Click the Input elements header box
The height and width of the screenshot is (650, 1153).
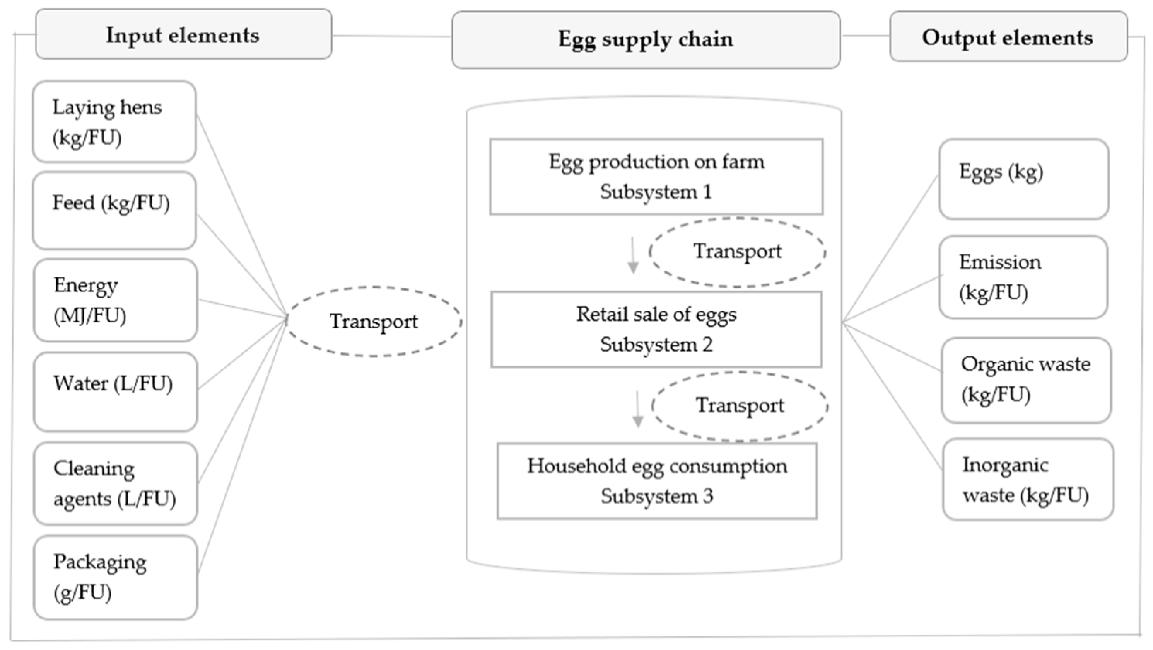pyautogui.click(x=183, y=34)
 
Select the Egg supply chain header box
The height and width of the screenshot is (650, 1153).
pyautogui.click(x=646, y=39)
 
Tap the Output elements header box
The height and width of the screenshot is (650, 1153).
pyautogui.click(x=1008, y=37)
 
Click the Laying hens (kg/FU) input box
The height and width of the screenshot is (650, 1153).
pyautogui.click(x=114, y=122)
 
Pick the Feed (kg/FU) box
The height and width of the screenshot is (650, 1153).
pyautogui.click(x=114, y=210)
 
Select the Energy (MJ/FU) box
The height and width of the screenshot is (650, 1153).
pyautogui.click(x=116, y=300)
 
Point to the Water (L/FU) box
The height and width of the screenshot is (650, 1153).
pyautogui.click(x=116, y=391)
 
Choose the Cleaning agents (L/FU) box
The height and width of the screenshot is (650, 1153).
pyautogui.click(x=116, y=483)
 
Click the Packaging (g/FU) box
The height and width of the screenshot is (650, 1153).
pyautogui.click(x=116, y=577)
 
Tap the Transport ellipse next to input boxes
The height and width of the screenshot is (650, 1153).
pyautogui.click(x=374, y=321)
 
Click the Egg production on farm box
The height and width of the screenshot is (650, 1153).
pyautogui.click(x=656, y=177)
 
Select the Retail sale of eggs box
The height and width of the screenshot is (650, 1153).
pyautogui.click(x=656, y=329)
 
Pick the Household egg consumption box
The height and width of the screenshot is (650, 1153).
pyautogui.click(x=657, y=481)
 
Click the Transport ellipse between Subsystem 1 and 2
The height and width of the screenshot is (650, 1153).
pyautogui.click(x=737, y=252)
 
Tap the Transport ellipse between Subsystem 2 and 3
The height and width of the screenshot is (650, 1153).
pyautogui.click(x=740, y=406)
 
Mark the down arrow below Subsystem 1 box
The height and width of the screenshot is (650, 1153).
pyautogui.click(x=632, y=255)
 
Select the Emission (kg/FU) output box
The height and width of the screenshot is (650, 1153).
pyautogui.click(x=1023, y=277)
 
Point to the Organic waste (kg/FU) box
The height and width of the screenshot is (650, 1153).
pyautogui.click(x=1026, y=380)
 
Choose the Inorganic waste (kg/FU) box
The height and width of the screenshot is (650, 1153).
pyautogui.click(x=1028, y=480)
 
